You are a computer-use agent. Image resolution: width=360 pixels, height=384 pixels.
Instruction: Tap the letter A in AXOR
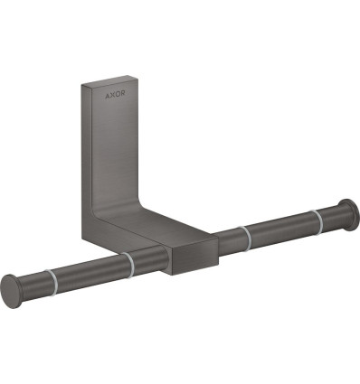(108, 96)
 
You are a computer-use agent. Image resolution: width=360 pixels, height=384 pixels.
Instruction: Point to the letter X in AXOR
(112, 95)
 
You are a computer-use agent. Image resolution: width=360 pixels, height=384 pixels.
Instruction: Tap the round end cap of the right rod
(350, 214)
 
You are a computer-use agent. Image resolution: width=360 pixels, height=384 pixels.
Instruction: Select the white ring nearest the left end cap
(51, 282)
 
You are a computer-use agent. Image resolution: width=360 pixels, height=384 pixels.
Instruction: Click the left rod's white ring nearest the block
(128, 265)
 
